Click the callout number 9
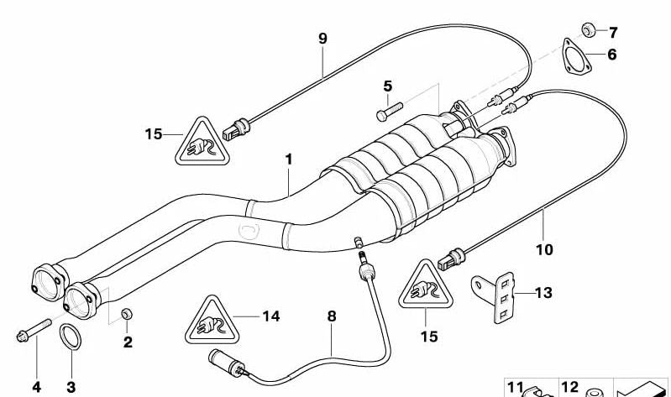click(322, 39)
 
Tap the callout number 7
click(613, 32)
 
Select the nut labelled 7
click(589, 30)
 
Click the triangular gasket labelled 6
click(576, 57)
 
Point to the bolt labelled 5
click(390, 112)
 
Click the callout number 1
click(289, 159)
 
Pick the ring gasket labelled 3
click(71, 337)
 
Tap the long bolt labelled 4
click(34, 330)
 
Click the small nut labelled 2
click(127, 314)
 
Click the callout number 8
click(332, 316)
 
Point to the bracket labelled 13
click(495, 296)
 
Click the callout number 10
click(544, 249)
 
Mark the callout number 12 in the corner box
click(569, 387)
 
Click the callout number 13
click(543, 293)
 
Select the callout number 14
click(271, 316)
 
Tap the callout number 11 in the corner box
click(516, 387)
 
